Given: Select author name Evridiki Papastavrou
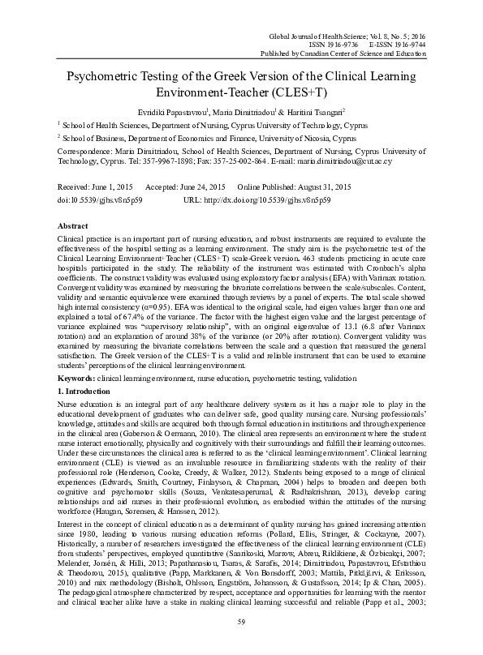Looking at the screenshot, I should [x=174, y=113].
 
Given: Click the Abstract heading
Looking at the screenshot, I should [x=72, y=225].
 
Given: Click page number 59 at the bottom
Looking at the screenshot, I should [x=241, y=622].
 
